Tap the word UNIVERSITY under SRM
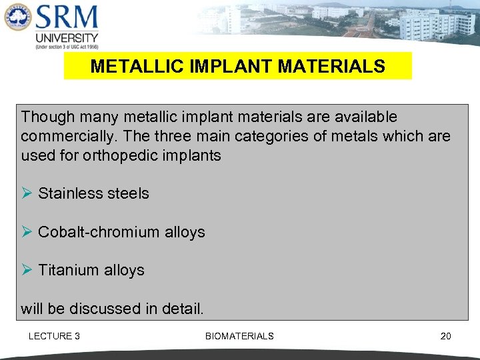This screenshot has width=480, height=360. (x=67, y=38)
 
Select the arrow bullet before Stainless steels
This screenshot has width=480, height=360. (x=27, y=193)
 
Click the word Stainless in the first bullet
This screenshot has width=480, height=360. (x=67, y=193)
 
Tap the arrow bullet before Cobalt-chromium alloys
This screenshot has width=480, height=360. (x=27, y=232)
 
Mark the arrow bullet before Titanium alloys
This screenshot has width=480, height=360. (x=27, y=270)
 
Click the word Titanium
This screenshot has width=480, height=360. (x=69, y=270)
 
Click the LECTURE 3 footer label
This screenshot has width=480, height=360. (x=54, y=336)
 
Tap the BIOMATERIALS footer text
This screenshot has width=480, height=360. (x=239, y=336)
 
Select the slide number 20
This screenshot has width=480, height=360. (x=445, y=336)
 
